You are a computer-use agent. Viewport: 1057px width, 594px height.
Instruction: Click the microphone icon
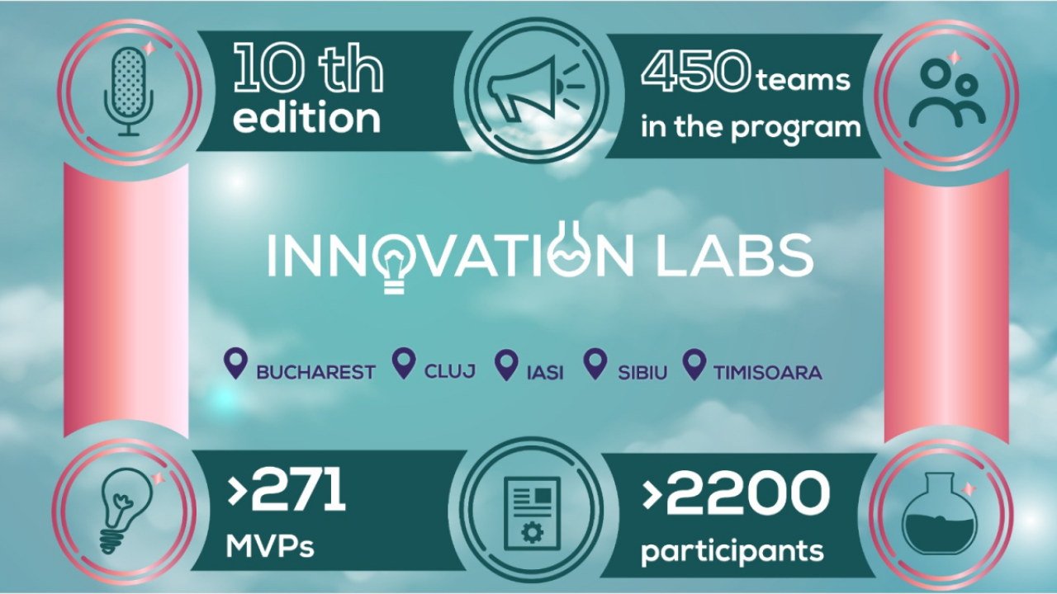[128, 90]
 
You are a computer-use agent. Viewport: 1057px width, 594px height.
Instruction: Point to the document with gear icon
[532, 511]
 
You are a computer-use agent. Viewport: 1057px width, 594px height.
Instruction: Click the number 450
[696, 76]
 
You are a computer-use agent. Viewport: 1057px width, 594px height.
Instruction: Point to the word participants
[732, 550]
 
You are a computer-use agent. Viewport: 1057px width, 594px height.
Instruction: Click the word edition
[306, 118]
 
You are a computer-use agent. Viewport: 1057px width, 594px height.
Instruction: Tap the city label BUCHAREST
[315, 372]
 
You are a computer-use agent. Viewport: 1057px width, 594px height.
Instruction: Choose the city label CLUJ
[450, 371]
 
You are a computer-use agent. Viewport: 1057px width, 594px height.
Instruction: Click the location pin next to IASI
[505, 365]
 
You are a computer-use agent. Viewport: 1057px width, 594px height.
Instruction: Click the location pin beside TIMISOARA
[695, 365]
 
